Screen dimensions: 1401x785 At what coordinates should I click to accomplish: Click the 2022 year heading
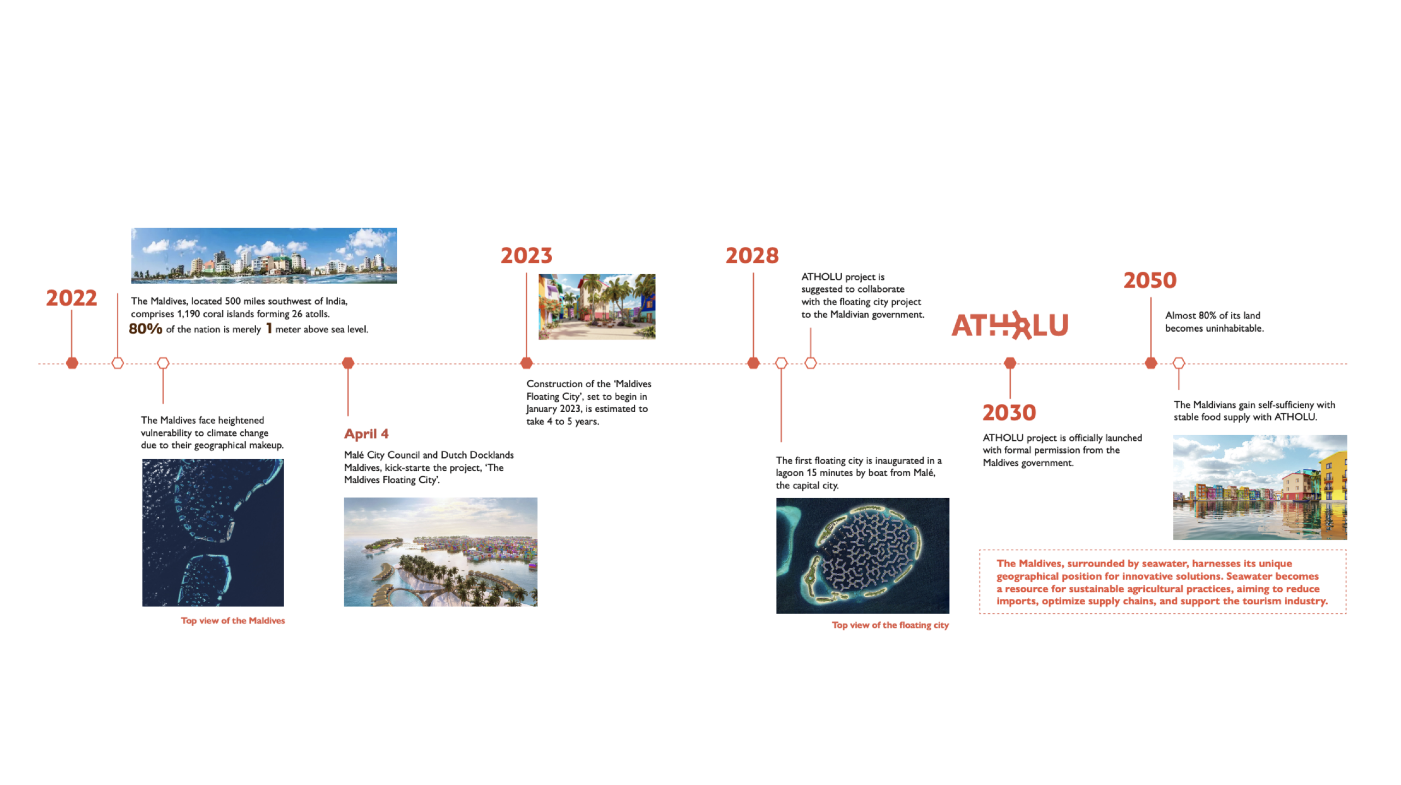click(x=71, y=298)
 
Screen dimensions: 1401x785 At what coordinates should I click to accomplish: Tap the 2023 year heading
click(x=526, y=256)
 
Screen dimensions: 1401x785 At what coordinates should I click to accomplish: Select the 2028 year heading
click(x=752, y=256)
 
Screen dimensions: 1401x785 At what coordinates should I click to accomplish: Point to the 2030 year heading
click(x=1009, y=413)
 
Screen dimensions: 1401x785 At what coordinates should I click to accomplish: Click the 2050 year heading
click(x=1150, y=280)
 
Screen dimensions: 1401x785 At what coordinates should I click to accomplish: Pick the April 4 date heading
click(x=366, y=434)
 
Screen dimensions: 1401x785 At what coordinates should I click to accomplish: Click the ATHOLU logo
click(x=1010, y=325)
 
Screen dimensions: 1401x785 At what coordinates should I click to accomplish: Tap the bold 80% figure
click(x=146, y=328)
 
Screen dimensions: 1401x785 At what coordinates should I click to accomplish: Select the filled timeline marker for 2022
click(x=72, y=363)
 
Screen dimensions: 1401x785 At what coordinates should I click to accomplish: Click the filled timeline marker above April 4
click(x=348, y=363)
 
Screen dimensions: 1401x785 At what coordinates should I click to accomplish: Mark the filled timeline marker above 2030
click(x=1010, y=363)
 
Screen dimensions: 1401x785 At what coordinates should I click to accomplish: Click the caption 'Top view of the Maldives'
click(x=233, y=620)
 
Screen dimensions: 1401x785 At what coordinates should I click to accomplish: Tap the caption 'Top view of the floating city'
click(x=890, y=625)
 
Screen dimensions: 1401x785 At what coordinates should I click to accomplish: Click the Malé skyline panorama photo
click(x=264, y=256)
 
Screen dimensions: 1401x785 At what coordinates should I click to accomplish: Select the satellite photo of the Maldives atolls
click(x=213, y=533)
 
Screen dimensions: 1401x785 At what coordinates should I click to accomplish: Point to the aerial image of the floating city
click(x=862, y=556)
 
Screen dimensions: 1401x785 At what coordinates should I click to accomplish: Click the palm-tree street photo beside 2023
click(x=597, y=307)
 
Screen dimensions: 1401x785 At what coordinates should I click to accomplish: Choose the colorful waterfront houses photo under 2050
click(x=1260, y=487)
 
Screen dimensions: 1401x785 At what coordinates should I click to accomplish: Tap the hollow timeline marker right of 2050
click(x=1178, y=363)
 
